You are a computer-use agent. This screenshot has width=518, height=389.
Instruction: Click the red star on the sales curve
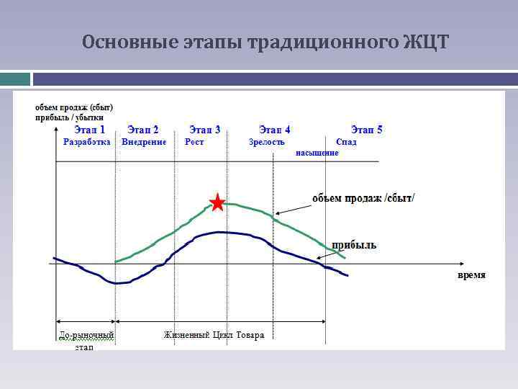click(x=217, y=202)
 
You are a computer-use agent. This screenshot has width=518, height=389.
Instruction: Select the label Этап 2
click(x=143, y=130)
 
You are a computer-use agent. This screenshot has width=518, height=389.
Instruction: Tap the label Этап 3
click(x=204, y=130)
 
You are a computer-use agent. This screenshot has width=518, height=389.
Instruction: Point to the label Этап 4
click(x=275, y=130)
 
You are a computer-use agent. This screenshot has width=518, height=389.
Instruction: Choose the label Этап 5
click(x=366, y=130)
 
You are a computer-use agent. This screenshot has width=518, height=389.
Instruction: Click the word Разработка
click(x=87, y=142)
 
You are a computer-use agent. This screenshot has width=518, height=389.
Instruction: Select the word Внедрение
click(x=144, y=142)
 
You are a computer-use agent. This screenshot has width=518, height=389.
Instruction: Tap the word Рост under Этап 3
click(x=194, y=142)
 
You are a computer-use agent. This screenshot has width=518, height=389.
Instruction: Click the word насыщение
click(x=317, y=153)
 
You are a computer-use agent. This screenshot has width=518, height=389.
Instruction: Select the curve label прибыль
click(x=353, y=246)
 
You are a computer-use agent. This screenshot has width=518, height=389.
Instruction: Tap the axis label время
click(x=471, y=275)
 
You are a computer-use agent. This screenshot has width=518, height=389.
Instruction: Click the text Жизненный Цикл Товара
click(x=214, y=335)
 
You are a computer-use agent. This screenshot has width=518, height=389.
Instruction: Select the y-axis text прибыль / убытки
click(x=70, y=117)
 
